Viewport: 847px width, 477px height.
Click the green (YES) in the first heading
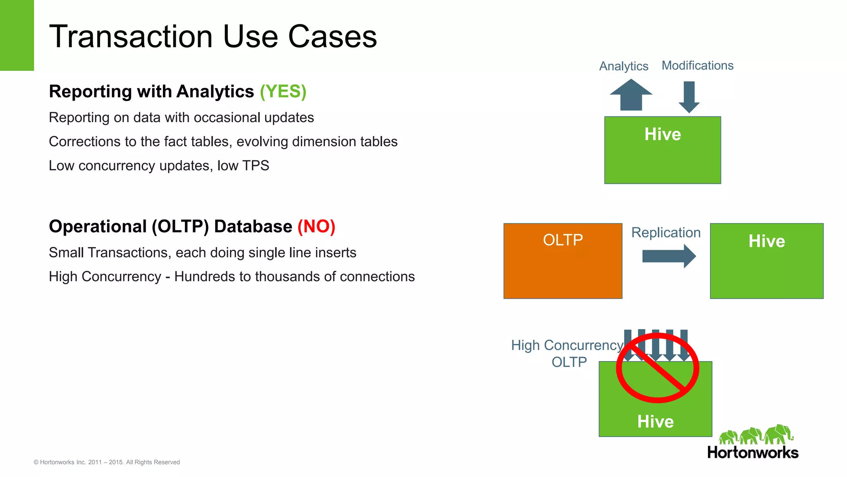click(x=283, y=92)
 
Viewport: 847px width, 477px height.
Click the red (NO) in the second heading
click(x=316, y=226)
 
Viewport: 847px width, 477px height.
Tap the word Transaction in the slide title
click(x=131, y=36)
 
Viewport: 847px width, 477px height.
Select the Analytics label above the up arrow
click(x=624, y=66)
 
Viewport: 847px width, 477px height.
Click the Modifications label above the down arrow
click(x=697, y=65)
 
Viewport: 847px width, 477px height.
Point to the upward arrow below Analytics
click(x=631, y=95)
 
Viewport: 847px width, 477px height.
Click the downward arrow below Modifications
click(x=689, y=97)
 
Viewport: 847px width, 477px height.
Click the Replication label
click(x=666, y=233)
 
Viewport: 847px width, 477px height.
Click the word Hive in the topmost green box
click(x=663, y=134)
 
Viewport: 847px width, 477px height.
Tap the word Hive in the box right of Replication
click(x=766, y=241)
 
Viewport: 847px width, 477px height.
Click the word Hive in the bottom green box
click(x=656, y=422)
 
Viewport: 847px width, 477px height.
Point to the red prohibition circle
click(x=658, y=368)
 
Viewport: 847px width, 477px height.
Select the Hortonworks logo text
click(x=753, y=453)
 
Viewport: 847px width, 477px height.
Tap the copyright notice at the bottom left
click(x=107, y=462)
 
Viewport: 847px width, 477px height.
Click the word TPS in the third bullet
click(x=256, y=166)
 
